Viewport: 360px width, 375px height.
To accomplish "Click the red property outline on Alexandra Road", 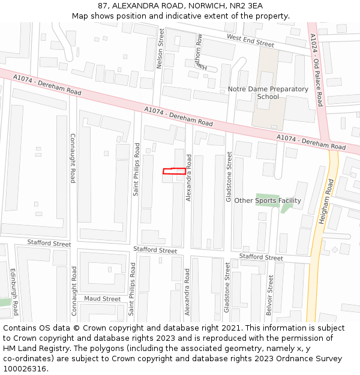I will (174, 171).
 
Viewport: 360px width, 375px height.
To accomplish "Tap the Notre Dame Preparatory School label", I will (268, 93).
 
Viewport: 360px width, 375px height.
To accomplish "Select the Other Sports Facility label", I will (268, 200).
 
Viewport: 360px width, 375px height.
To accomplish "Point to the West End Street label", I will (250, 40).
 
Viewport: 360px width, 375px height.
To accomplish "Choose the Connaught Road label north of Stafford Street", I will (73, 158).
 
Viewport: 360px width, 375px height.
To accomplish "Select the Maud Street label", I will (102, 298).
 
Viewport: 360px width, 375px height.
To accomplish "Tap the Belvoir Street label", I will (271, 295).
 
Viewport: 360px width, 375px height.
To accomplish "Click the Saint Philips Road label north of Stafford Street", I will (136, 169).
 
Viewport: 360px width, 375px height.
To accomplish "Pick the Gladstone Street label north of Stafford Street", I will (229, 176).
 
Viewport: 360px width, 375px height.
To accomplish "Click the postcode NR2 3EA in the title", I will (247, 6).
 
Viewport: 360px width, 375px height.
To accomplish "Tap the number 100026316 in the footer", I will (24, 369).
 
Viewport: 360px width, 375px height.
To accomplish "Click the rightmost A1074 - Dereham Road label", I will (311, 142).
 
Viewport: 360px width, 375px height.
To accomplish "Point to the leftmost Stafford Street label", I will (49, 243).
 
